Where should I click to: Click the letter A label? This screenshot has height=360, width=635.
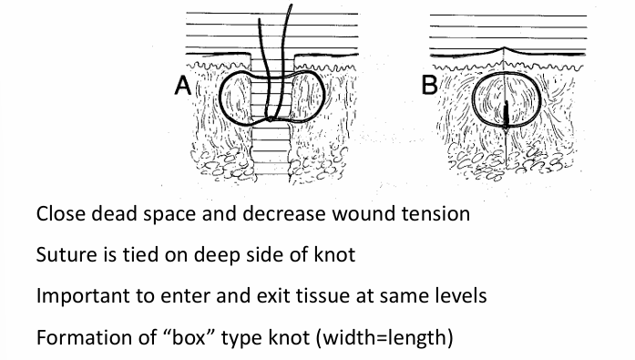coord(183,87)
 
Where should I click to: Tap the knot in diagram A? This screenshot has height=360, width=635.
coord(271,118)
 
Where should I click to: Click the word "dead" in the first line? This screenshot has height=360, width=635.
coord(117,216)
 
